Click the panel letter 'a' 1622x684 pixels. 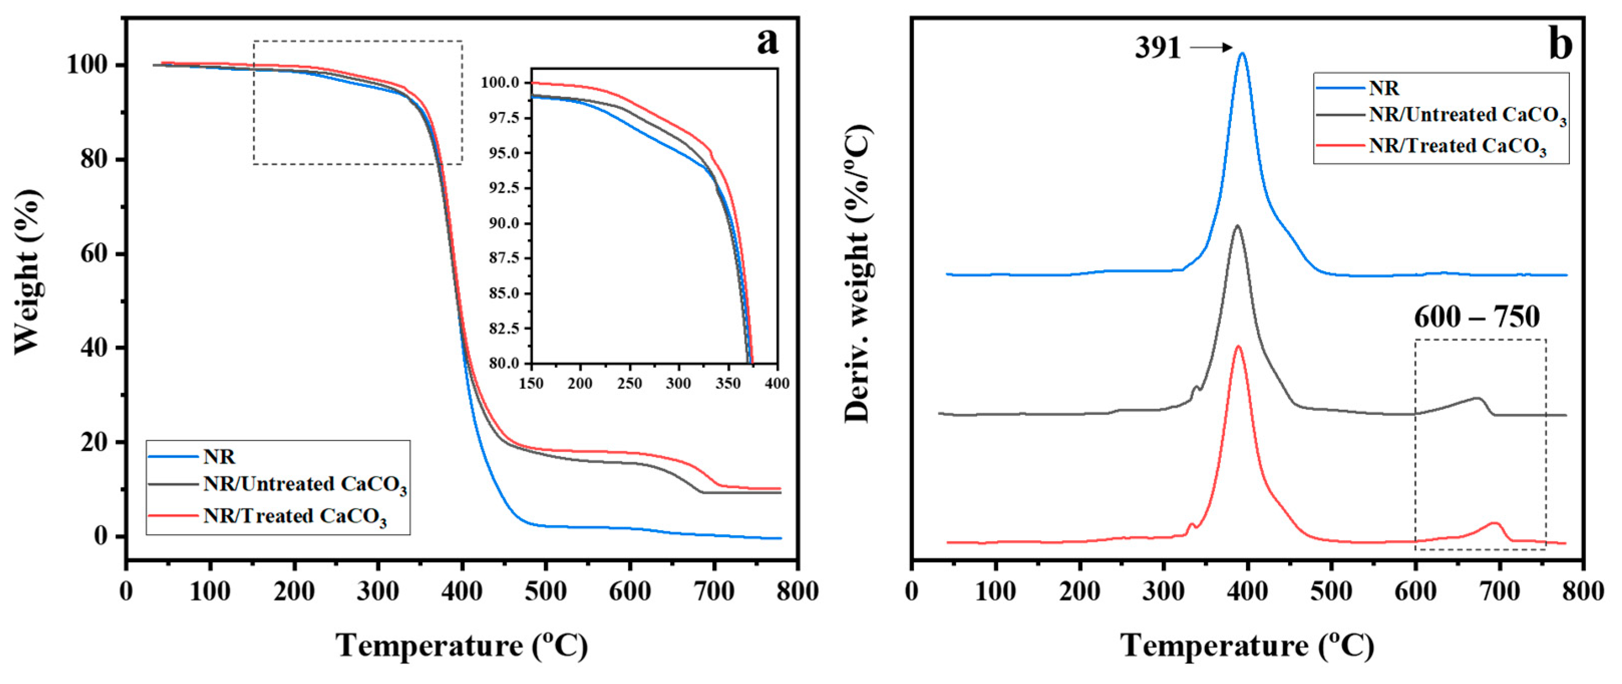pos(767,43)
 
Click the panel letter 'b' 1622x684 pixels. pos(1560,45)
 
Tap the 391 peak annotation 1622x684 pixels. pos(1157,48)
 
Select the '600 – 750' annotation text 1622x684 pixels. pos(1477,317)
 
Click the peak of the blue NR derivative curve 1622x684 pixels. pos(1242,54)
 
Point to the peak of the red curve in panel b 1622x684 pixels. pos(1238,347)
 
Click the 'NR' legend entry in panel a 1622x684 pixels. pos(219,457)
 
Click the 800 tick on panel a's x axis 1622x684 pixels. pos(798,591)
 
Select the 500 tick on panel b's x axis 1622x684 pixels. pos(1331,591)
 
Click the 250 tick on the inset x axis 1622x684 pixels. pos(629,383)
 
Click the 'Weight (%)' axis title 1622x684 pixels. pos(29,271)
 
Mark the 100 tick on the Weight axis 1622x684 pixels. pos(87,66)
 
